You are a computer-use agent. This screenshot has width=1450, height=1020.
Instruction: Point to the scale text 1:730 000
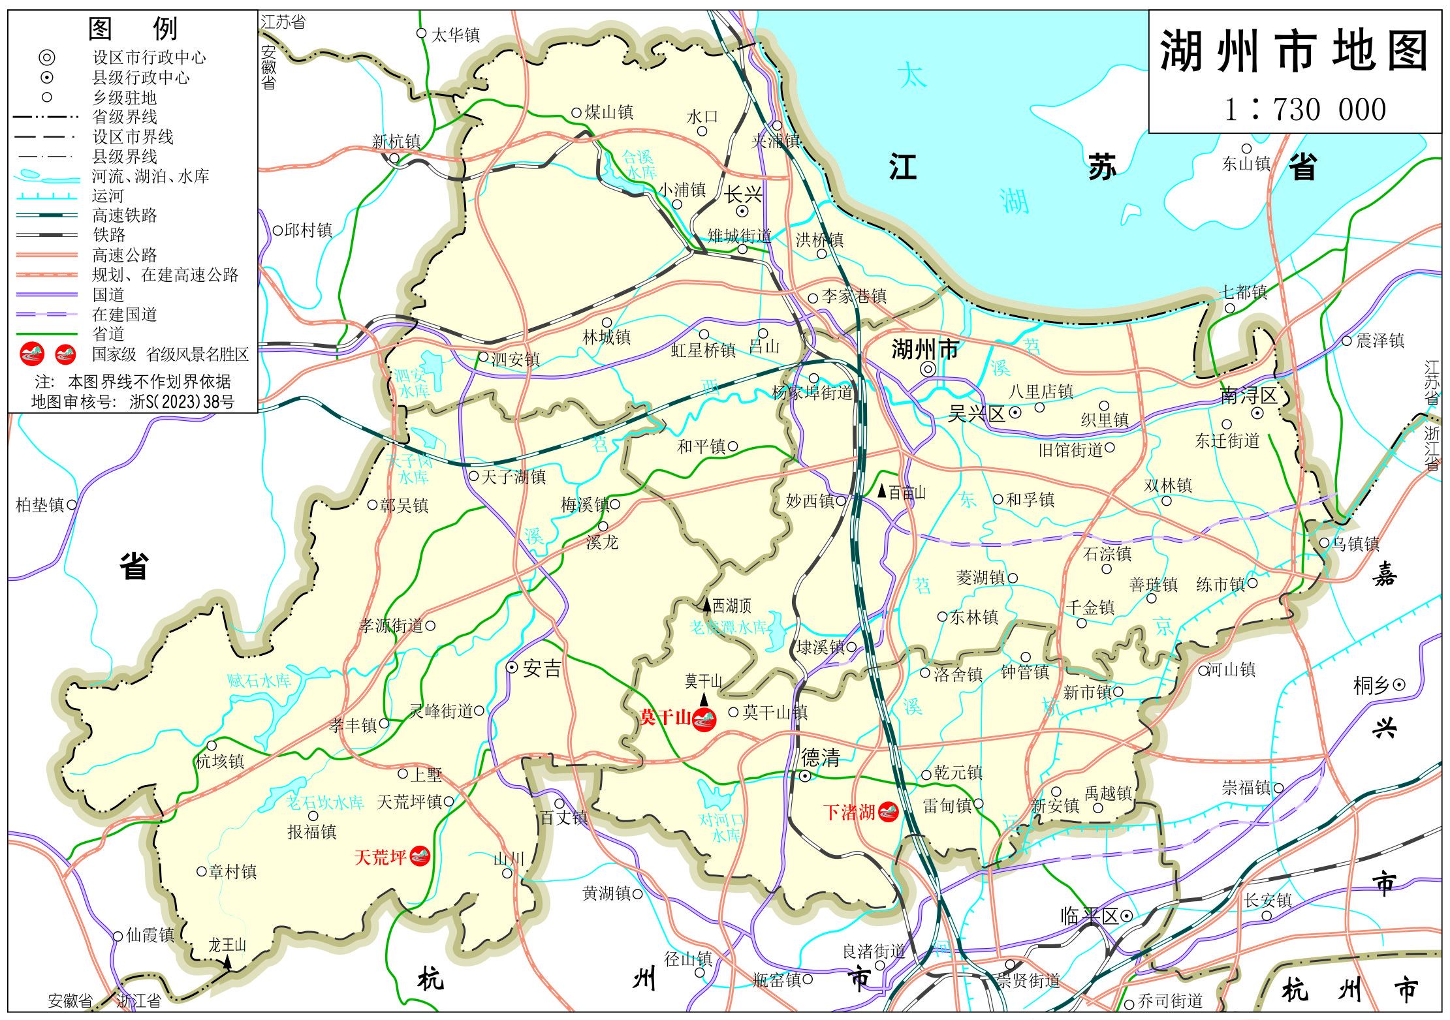coord(1304,110)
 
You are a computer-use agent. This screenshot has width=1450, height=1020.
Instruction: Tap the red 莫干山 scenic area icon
coord(704,720)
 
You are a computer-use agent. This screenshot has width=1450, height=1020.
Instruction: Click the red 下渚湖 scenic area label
coord(849,812)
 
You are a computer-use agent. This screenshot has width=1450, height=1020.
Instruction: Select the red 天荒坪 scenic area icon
coord(420,856)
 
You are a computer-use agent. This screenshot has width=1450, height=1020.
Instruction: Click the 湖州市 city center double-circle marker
coord(928,369)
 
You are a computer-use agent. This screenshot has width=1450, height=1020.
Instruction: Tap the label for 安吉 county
coord(542,668)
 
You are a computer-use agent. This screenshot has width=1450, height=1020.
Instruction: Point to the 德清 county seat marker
coord(806,776)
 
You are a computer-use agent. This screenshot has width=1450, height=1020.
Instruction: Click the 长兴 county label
coord(743,194)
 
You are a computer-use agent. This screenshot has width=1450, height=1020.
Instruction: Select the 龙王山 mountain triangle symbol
coord(227,961)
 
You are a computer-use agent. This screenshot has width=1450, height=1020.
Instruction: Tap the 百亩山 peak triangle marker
coord(882,491)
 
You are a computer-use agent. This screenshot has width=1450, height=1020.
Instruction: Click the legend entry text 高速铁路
coord(125,215)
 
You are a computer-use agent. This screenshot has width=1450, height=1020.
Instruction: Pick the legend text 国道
coord(108,294)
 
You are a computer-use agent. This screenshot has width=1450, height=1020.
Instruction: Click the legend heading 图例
coord(133,28)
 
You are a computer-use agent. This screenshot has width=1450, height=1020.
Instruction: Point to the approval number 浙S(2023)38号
coord(181,401)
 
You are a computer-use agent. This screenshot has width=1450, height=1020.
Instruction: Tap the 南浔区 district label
coord(1248,395)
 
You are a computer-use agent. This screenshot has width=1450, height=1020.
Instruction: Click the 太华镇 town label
coord(456,35)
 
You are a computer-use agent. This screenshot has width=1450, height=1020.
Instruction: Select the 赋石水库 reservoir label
coord(259,681)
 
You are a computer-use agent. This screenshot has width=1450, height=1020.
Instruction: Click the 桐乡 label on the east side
coord(1371,685)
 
